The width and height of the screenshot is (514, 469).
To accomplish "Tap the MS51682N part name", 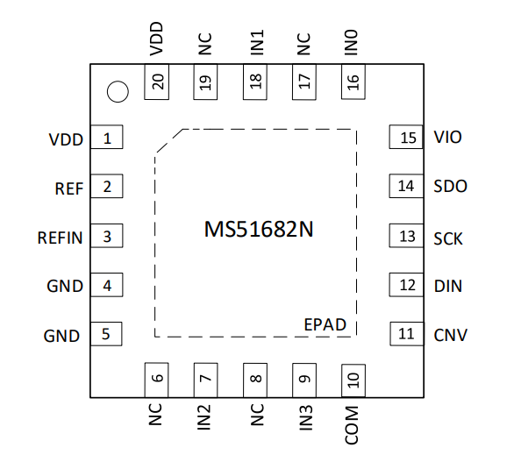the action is [x=259, y=230].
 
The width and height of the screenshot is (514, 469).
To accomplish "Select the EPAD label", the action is [x=325, y=324].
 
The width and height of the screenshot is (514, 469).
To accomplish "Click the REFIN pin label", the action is [x=60, y=238].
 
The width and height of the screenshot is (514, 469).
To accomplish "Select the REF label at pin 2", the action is [x=68, y=188].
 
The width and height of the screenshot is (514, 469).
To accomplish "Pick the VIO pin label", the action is [x=448, y=137].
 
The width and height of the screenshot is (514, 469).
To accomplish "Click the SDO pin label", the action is [x=450, y=186].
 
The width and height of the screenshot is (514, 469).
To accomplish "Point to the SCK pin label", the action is [x=448, y=238].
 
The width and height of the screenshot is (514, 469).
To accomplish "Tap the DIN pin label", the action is [x=448, y=286].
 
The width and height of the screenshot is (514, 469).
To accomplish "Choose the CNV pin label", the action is [x=450, y=335].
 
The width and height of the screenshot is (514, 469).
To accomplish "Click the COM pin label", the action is [x=352, y=425].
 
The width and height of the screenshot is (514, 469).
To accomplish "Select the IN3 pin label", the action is [x=306, y=417].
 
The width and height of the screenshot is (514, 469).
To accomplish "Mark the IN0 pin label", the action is [x=351, y=42].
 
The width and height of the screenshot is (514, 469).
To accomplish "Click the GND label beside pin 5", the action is [x=61, y=336].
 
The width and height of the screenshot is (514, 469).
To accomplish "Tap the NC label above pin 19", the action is [x=205, y=44].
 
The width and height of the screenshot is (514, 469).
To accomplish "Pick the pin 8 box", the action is [x=255, y=380].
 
